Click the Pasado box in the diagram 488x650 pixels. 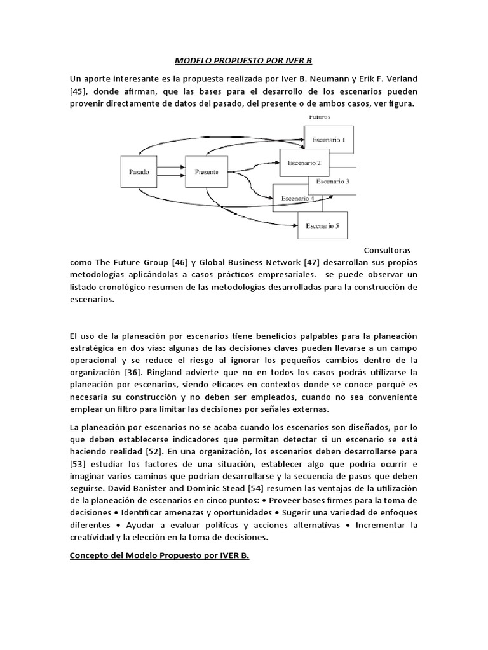point(139,171)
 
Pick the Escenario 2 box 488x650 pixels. point(304,162)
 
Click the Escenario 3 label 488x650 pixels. point(333,182)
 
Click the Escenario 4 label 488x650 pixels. point(297,197)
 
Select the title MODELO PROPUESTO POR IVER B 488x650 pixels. point(244,61)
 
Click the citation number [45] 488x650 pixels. point(81,91)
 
